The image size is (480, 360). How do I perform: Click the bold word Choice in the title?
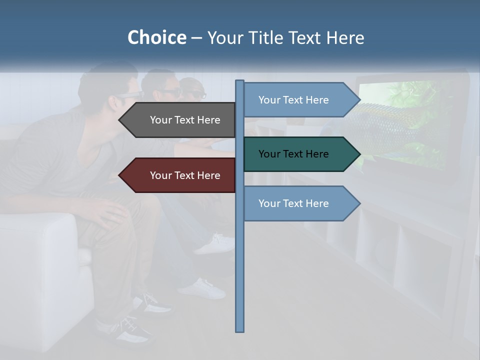point(156,37)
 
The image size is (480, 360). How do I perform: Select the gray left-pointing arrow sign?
point(180,120)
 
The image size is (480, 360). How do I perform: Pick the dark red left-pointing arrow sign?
point(180,175)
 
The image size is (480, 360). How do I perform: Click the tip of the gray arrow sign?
point(120,120)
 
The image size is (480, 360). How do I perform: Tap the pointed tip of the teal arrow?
point(358,154)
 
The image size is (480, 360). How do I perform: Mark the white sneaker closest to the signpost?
point(215,243)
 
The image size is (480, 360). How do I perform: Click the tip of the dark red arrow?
point(120,175)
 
